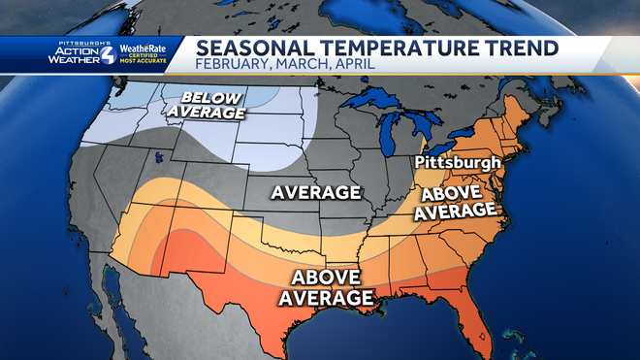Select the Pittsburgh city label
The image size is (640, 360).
tap(456, 162)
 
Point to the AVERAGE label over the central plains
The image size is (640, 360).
tap(316, 192)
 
